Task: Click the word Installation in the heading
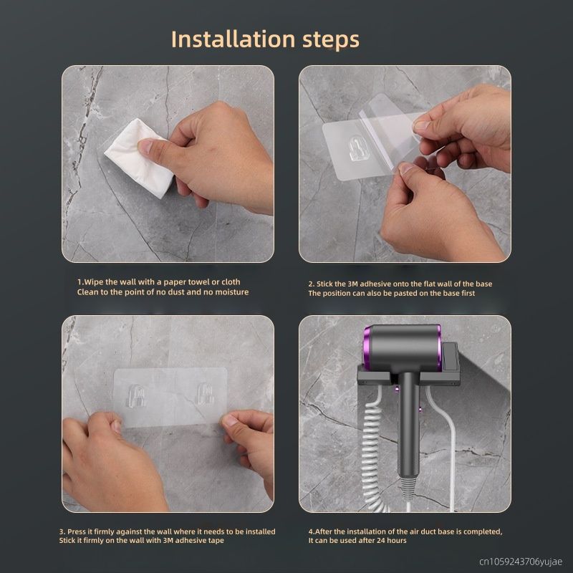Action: [233, 39]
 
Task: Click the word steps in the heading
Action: [331, 40]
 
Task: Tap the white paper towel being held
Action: [139, 158]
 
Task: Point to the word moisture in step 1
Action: [231, 292]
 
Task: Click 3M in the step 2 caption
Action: [352, 284]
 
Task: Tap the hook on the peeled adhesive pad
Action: [357, 148]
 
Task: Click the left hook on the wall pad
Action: [137, 396]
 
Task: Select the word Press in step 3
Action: [77, 531]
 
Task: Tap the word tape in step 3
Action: [216, 541]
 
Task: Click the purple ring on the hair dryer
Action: [367, 347]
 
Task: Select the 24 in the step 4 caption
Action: [382, 541]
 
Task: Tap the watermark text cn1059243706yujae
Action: [521, 562]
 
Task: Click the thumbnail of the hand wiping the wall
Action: [168, 164]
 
